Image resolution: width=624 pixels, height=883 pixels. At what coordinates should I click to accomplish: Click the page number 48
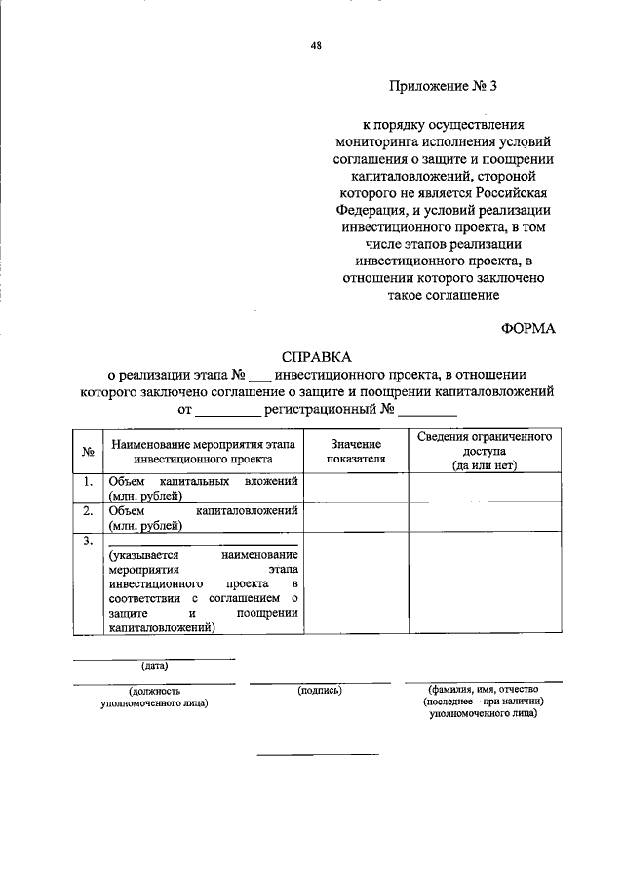point(317,44)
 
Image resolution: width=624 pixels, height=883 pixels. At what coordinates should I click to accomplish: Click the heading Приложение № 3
point(444,86)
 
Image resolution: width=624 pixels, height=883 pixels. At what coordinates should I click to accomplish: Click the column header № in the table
point(87,452)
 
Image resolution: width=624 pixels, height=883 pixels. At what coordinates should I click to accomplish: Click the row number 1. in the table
point(87,482)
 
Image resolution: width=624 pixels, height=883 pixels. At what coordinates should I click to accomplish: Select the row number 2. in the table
point(87,510)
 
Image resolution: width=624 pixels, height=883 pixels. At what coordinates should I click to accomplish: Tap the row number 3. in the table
point(87,540)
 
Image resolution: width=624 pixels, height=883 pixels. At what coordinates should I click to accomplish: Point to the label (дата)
point(154,666)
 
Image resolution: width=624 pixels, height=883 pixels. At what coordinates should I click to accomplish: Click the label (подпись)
point(320,690)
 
